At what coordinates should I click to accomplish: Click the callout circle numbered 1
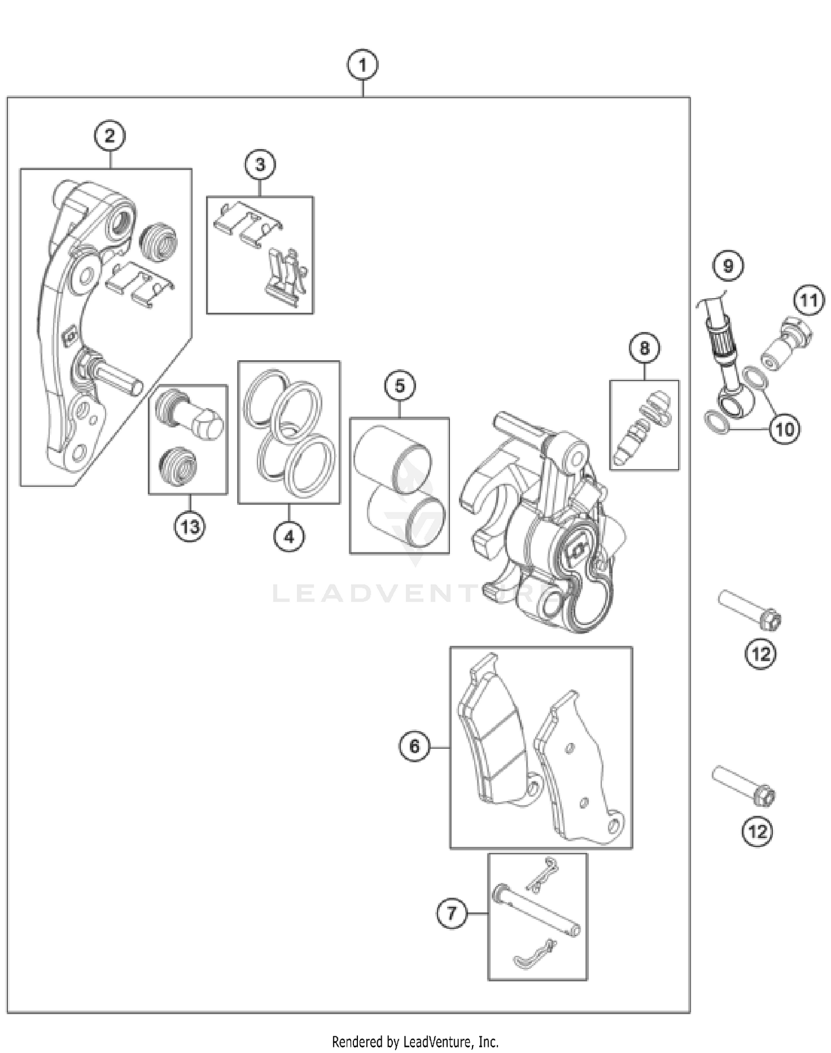pos(362,65)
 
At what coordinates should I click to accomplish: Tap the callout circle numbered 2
pos(109,136)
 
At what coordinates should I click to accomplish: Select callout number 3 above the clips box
pos(260,165)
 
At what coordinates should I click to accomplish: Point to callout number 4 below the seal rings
pos(289,536)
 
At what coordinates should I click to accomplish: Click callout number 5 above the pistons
pos(400,386)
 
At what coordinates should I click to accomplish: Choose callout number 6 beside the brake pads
pos(415,747)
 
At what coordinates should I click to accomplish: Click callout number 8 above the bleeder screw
pos(644,348)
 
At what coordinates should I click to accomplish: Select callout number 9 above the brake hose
pos(728,266)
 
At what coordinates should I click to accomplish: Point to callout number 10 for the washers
pos(784,429)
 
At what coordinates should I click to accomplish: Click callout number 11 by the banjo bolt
pos(808,301)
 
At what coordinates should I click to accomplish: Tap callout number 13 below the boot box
pos(189,526)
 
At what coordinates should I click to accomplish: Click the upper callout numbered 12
pos(760,654)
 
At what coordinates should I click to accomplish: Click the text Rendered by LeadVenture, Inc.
pos(415,1041)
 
